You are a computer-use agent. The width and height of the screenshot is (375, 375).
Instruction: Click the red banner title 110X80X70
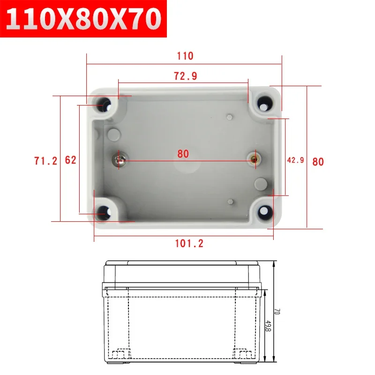(83, 19)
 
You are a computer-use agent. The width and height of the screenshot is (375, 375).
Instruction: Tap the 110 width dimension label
(185, 56)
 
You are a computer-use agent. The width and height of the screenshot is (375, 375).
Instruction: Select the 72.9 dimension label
(185, 76)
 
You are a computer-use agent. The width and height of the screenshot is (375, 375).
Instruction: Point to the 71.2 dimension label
(45, 161)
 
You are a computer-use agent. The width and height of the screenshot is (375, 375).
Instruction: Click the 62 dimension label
(71, 160)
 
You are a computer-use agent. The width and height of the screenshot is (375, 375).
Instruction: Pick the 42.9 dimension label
(296, 160)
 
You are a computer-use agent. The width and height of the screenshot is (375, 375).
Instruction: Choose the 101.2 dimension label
(189, 243)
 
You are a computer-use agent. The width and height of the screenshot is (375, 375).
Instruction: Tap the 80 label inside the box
(183, 154)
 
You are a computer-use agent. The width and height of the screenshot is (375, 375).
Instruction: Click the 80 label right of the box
(318, 162)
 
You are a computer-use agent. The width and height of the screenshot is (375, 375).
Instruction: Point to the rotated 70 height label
(277, 311)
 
